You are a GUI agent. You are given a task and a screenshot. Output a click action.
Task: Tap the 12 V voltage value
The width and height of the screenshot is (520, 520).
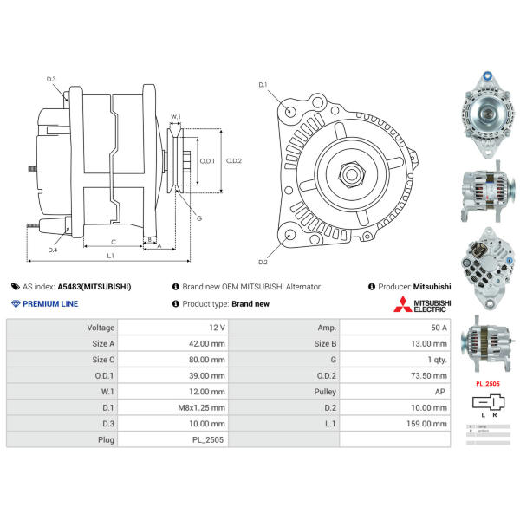click(217, 328)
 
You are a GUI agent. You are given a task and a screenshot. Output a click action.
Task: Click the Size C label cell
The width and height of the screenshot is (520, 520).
click(101, 360)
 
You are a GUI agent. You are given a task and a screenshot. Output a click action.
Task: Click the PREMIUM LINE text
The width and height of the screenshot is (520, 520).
click(49, 304)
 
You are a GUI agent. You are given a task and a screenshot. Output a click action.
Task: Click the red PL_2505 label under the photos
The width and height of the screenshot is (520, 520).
click(489, 382)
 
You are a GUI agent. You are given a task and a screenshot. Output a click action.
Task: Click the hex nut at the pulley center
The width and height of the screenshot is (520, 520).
click(352, 174)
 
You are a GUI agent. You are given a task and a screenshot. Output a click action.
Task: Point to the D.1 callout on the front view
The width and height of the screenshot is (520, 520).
click(263, 85)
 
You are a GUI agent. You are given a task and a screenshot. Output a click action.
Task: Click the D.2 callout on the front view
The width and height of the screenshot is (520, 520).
click(263, 262)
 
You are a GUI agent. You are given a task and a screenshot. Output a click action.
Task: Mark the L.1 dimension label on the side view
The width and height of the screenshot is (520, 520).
click(111, 256)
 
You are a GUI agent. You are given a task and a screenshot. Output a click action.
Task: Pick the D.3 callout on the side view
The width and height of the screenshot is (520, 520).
click(51, 80)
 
